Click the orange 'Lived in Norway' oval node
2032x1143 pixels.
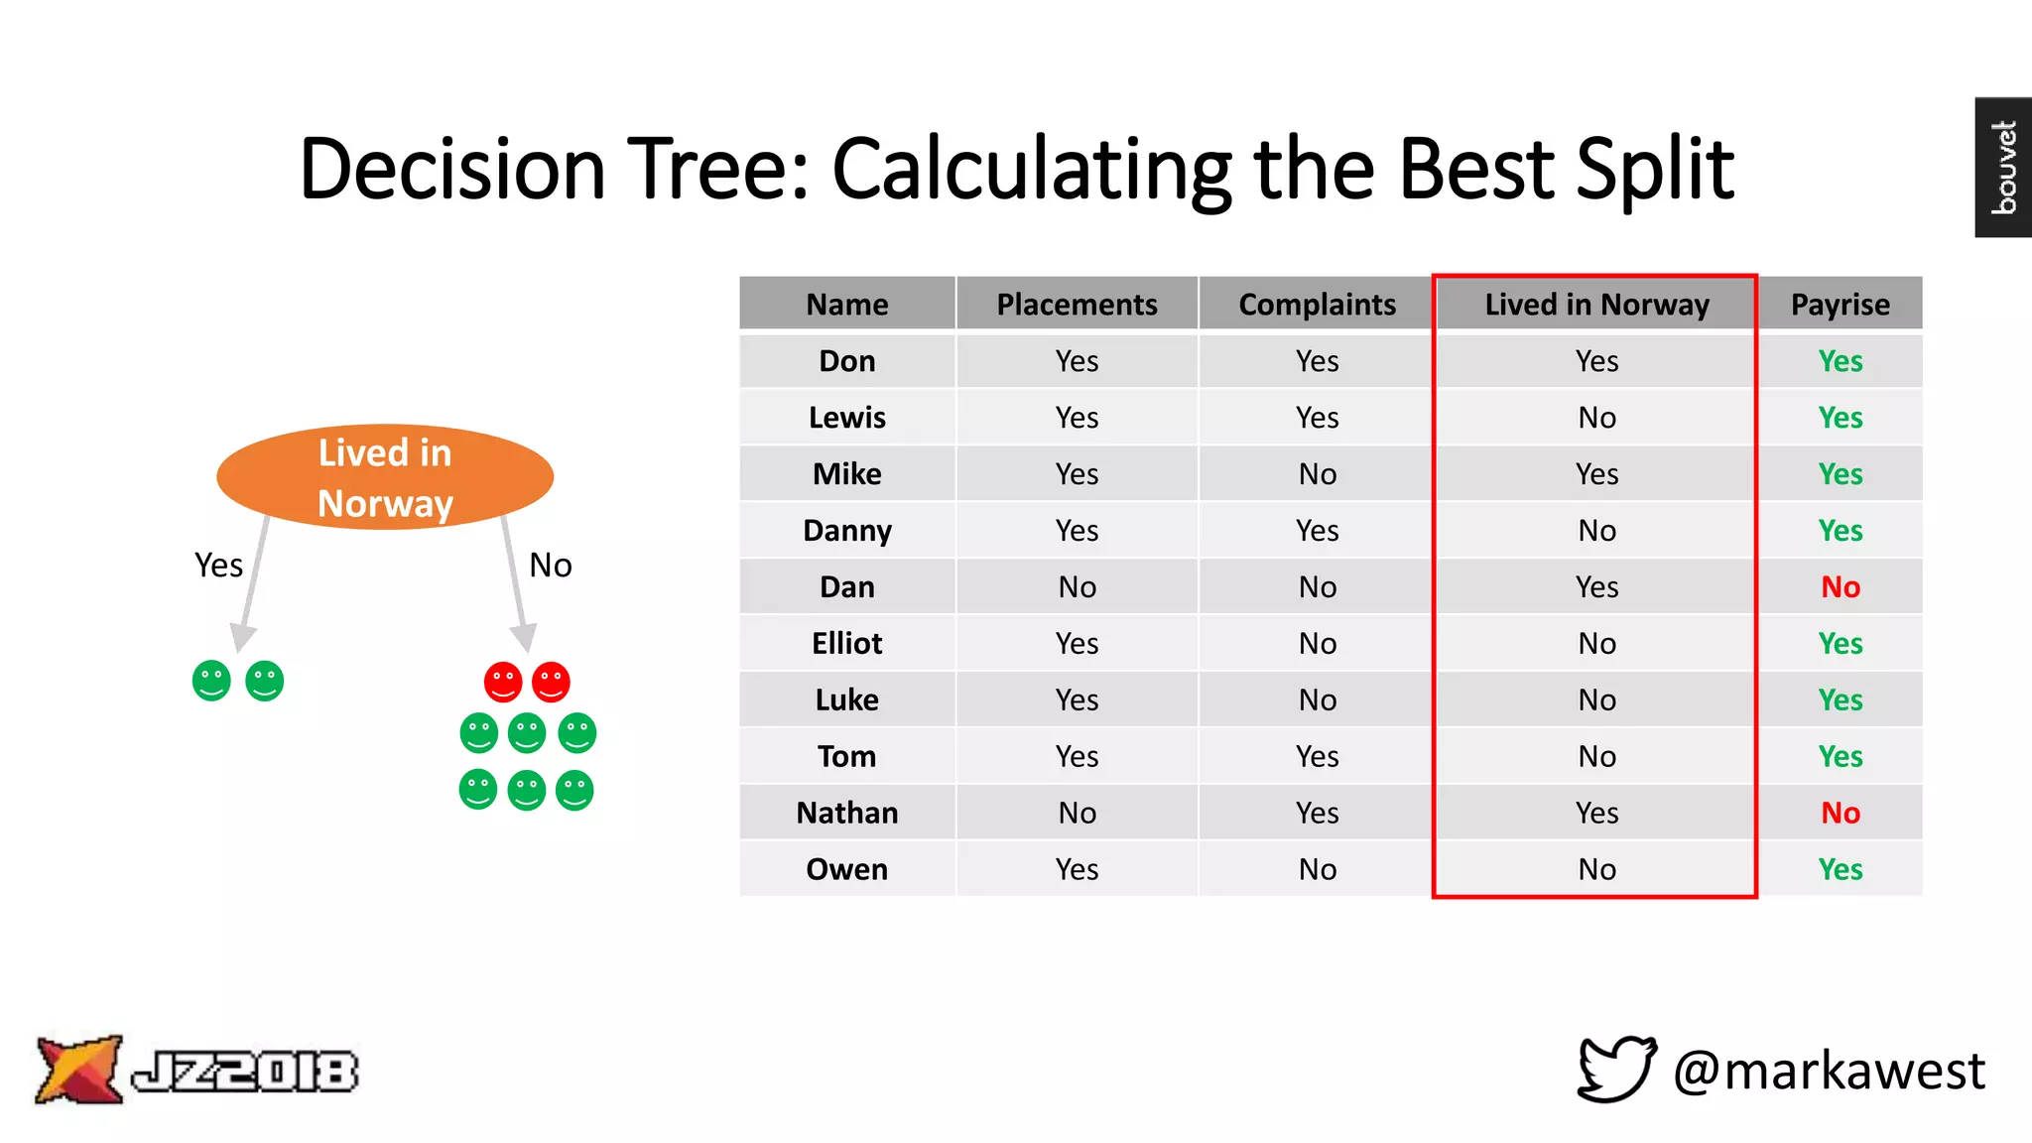(385, 477)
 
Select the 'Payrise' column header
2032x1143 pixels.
(1840, 304)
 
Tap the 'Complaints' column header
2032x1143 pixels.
(1317, 304)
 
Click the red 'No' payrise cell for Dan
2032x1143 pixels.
(1840, 586)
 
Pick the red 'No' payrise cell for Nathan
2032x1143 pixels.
(1840, 813)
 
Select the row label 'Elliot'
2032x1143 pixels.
(846, 643)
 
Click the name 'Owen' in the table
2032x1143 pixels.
(846, 869)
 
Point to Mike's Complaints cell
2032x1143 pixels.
(1317, 473)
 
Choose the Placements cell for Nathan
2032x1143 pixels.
(1077, 813)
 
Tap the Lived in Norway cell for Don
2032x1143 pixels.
(1595, 360)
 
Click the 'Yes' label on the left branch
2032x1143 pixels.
(218, 565)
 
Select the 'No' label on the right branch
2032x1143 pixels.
(550, 565)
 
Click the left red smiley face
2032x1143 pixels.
(503, 682)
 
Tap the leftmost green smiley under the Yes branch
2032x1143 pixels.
(211, 681)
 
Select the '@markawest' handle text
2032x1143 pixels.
(1828, 1071)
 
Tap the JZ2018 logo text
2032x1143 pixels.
(244, 1071)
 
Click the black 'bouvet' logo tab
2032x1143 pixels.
(2002, 167)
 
